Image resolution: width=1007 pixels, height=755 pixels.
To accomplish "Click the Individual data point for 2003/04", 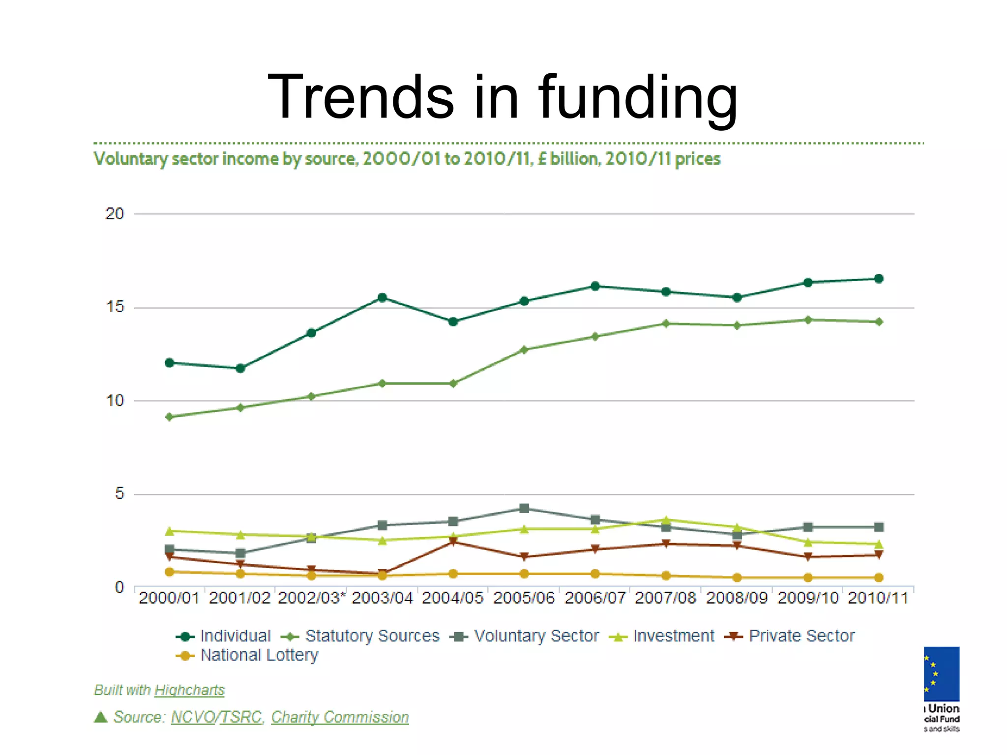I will [x=382, y=297].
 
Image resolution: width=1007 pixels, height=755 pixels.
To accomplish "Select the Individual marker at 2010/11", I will [x=879, y=279].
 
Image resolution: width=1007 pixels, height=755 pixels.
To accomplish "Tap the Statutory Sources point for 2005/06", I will [x=524, y=349].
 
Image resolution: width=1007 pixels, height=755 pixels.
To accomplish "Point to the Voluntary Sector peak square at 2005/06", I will [x=524, y=508].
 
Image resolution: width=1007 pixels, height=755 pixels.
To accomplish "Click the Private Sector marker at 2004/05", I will [x=453, y=542].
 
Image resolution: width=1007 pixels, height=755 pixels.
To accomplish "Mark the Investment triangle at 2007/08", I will [x=666, y=520].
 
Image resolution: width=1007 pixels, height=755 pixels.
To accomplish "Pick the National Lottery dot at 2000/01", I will [x=170, y=572].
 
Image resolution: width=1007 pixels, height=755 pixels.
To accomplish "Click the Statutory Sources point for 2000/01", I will [x=170, y=417].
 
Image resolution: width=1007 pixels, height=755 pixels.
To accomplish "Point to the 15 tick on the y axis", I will [x=115, y=307].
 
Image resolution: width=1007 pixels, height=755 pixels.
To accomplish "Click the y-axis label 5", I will [x=119, y=494].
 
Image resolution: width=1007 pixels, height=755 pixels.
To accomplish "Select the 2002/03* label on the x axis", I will [x=312, y=598].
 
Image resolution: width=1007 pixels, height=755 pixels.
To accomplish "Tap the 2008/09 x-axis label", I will [x=737, y=598].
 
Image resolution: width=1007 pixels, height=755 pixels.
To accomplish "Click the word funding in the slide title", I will [x=638, y=97].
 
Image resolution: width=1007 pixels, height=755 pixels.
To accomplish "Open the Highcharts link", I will [x=189, y=690].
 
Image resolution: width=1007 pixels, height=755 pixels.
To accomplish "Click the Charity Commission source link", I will [x=340, y=717].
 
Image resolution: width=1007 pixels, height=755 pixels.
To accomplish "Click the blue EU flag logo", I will [x=942, y=673].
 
